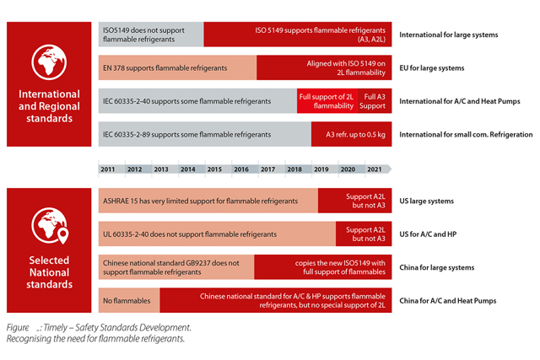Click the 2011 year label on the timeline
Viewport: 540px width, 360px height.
(108, 169)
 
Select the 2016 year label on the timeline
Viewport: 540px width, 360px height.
(241, 169)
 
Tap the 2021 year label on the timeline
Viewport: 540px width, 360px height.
(374, 169)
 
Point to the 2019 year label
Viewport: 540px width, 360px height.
(321, 169)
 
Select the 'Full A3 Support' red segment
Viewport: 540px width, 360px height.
(373, 101)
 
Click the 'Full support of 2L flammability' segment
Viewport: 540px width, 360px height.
(327, 101)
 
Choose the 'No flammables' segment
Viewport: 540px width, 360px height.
(127, 300)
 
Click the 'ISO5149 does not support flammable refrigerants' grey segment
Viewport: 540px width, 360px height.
(150, 35)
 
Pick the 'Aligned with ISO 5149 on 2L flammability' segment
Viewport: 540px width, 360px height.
(324, 67)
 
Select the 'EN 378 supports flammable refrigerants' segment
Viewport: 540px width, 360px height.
(177, 67)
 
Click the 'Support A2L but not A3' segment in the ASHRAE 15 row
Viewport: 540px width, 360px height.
(354, 201)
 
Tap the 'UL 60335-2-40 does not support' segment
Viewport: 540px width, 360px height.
(217, 234)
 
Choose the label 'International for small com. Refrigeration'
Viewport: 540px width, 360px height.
(466, 135)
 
